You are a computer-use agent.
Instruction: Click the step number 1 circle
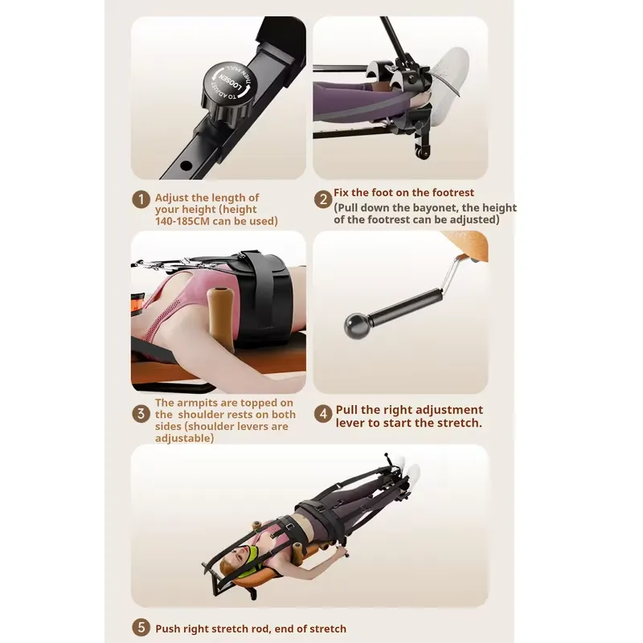pyautogui.click(x=141, y=199)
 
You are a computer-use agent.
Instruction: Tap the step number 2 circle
pyautogui.click(x=323, y=199)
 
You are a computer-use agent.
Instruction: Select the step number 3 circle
pyautogui.click(x=141, y=414)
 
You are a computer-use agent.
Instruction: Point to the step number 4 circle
pyautogui.click(x=323, y=414)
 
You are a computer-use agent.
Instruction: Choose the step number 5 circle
pyautogui.click(x=141, y=628)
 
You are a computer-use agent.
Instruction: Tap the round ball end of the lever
pyautogui.click(x=355, y=326)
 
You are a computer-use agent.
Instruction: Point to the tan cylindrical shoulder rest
pyautogui.click(x=220, y=319)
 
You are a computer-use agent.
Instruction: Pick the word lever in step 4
pyautogui.click(x=350, y=423)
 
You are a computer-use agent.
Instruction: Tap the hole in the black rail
pyautogui.click(x=186, y=166)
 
